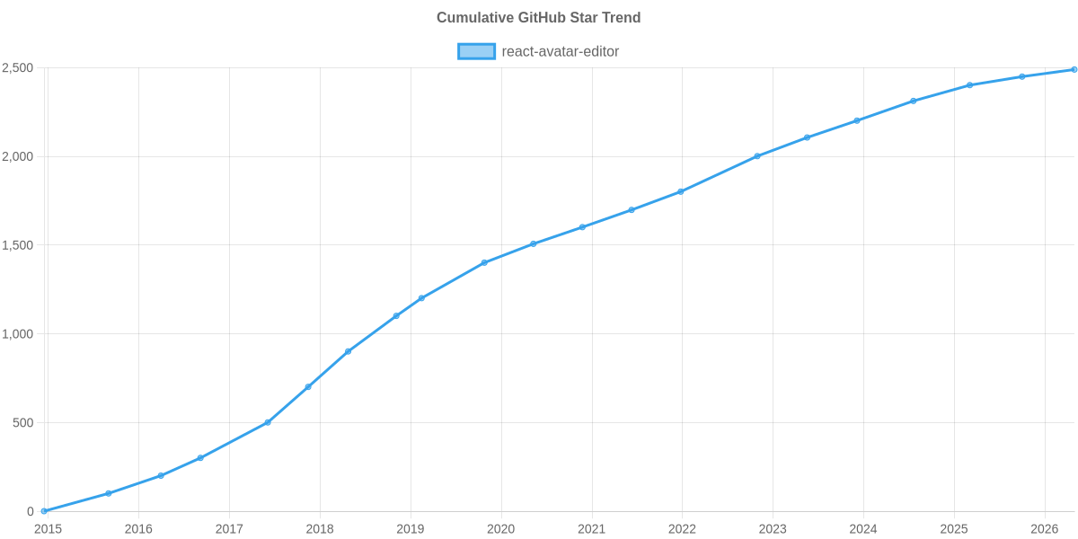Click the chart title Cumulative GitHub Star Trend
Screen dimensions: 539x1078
coord(538,18)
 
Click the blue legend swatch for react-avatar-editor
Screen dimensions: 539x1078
coord(476,51)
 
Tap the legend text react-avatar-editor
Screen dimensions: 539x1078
coord(560,51)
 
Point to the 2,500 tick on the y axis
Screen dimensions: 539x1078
coord(18,68)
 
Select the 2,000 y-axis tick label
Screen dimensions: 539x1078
coord(18,157)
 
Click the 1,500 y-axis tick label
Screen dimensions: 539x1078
coord(18,245)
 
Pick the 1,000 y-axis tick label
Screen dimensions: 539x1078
coord(18,334)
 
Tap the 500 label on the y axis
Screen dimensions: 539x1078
coord(22,423)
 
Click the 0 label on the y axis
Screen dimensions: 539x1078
coord(30,511)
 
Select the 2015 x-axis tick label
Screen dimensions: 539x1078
coord(48,529)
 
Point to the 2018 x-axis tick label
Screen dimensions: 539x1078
coord(320,529)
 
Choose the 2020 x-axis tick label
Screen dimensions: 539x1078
coord(500,529)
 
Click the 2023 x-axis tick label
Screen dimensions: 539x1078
coord(773,529)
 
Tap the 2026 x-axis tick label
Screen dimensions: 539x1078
coord(1044,529)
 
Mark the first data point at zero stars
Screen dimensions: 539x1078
coord(44,511)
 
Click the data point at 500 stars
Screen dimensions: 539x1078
coord(268,422)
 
